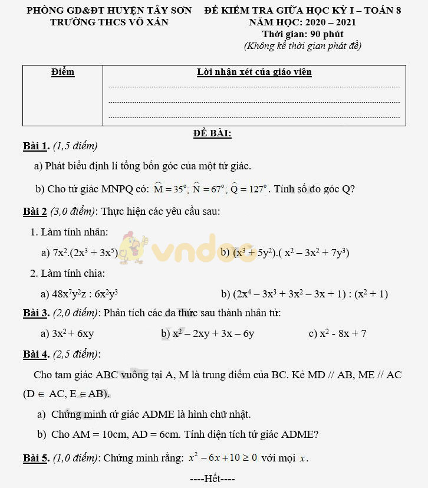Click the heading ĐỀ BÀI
212,133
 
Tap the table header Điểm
62,72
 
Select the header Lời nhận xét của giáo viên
254,72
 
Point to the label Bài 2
35,211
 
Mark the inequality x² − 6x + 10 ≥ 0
223,458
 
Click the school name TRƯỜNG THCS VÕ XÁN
109,22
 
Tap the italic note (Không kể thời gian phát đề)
302,45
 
